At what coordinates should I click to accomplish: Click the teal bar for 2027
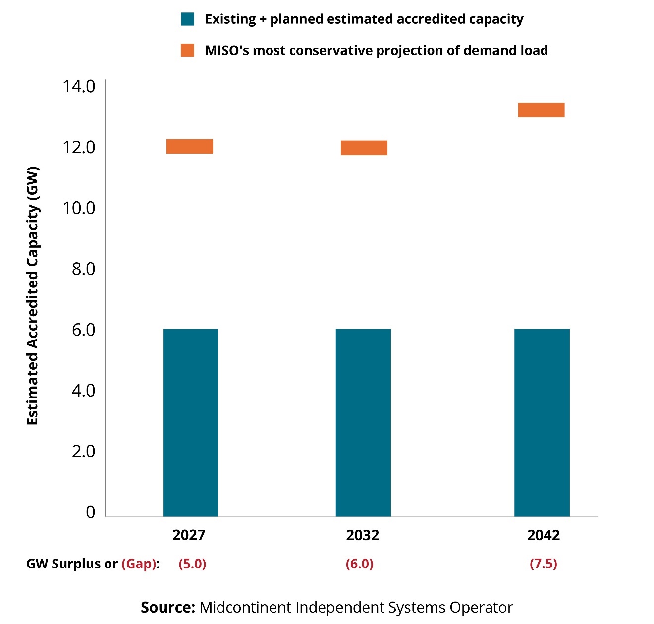click(x=190, y=423)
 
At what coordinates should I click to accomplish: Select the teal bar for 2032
click(x=363, y=423)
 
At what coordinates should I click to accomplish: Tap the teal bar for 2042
click(x=542, y=423)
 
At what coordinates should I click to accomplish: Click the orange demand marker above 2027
click(x=190, y=146)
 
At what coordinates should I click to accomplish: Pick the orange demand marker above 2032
click(x=364, y=148)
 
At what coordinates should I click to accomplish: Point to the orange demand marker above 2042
click(x=541, y=110)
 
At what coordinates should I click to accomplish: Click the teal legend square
click(x=188, y=19)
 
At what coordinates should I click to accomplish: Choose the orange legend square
click(x=188, y=50)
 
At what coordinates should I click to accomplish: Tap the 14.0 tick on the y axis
click(x=79, y=86)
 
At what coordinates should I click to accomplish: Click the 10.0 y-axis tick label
click(x=79, y=208)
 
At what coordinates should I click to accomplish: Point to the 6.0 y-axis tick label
click(x=83, y=330)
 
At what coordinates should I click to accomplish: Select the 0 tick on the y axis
click(x=90, y=512)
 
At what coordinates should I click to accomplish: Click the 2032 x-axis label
click(x=363, y=535)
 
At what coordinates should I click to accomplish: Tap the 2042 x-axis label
click(x=544, y=535)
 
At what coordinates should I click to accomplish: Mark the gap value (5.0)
click(x=192, y=564)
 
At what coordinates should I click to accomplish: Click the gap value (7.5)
click(x=544, y=564)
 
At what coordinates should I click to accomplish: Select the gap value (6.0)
click(x=360, y=564)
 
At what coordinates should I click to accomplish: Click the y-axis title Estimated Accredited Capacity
click(x=33, y=296)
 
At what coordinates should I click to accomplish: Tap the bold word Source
click(x=168, y=607)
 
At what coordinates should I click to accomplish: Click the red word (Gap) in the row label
click(x=139, y=564)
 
